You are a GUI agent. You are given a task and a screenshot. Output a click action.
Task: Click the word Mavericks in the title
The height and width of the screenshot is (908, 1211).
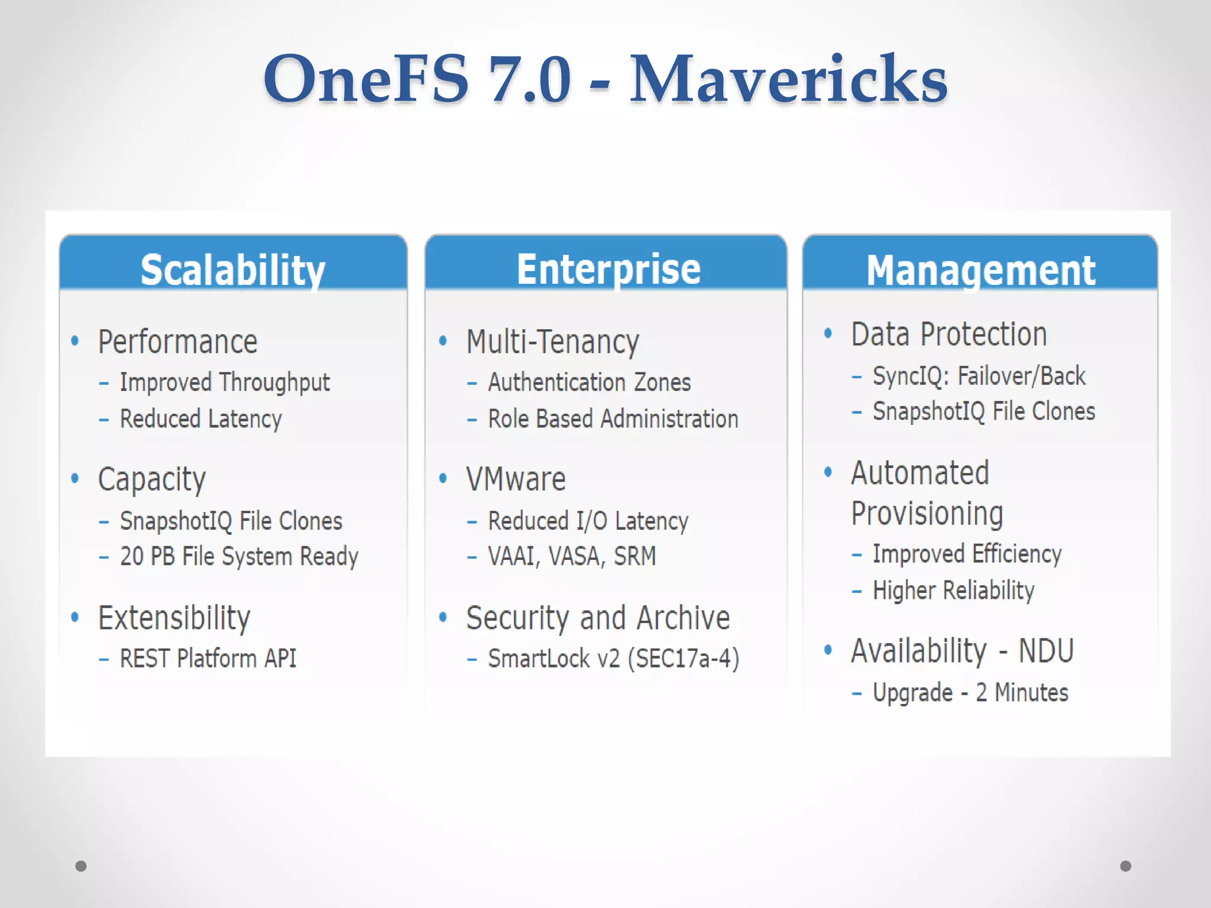point(788,80)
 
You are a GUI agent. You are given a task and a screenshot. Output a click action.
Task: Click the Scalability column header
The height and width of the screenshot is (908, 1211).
point(233,270)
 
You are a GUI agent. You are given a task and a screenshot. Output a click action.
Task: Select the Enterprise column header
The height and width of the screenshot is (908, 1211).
point(608,269)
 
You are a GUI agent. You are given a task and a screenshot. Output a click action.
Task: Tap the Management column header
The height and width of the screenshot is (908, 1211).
point(981,271)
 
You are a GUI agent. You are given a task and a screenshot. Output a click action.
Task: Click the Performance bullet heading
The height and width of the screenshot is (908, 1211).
point(177,342)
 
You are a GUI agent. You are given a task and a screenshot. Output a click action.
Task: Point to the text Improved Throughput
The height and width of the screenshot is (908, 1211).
point(225,382)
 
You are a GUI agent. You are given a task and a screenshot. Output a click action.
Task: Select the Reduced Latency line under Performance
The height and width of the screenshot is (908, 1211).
point(200,419)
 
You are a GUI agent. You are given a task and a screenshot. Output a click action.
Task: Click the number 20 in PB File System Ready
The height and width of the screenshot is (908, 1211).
point(132,556)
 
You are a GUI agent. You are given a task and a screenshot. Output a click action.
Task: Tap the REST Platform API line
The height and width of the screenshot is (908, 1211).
point(208,659)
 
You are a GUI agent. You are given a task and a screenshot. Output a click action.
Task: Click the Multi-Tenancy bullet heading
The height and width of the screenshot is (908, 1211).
point(552,342)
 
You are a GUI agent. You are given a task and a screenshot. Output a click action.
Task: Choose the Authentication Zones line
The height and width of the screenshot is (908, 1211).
point(589,382)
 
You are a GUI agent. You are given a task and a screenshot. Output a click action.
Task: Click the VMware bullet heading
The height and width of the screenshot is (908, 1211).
point(516,479)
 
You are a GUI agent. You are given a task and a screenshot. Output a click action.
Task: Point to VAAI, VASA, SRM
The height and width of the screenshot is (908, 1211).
point(572,556)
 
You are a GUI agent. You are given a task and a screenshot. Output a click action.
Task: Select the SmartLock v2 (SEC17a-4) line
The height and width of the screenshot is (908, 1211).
point(613,659)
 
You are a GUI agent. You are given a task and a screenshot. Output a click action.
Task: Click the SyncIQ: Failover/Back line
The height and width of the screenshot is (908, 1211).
point(979,376)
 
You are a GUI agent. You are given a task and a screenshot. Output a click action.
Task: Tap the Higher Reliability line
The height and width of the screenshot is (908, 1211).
point(953,591)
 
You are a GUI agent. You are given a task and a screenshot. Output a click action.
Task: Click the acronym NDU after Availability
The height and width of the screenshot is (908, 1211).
point(1045,651)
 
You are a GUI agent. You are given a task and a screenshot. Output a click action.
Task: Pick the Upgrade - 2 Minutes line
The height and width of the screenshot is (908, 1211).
point(970,693)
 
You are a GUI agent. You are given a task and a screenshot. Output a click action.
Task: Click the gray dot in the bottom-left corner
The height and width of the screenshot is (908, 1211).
point(81,866)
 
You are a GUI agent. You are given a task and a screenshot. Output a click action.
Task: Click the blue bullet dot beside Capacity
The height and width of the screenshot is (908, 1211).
point(75,478)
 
